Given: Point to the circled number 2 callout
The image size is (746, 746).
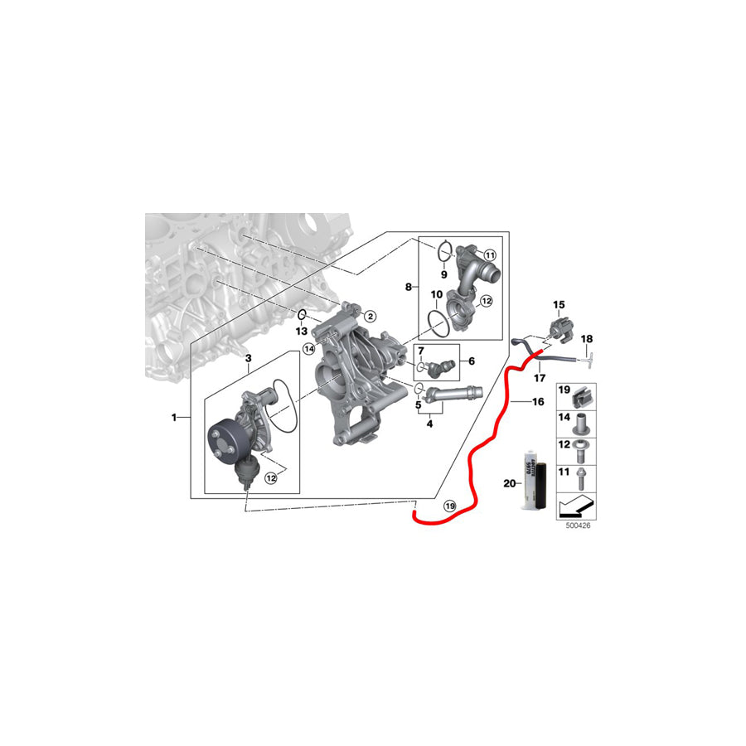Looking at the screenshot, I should tap(370, 316).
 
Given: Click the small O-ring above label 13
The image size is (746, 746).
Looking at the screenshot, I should tap(303, 315).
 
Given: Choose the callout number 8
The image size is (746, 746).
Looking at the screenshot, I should tap(408, 287).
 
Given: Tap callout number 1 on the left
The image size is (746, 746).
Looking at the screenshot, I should tap(174, 418).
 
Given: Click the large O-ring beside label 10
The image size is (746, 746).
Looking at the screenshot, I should tap(437, 321).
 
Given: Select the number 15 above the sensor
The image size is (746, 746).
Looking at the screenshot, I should tap(558, 305).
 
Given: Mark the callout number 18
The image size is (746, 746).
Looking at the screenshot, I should tap(587, 339).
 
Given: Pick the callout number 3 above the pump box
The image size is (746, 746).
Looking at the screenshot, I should tap(248, 357).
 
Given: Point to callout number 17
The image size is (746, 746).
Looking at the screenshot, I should tap(540, 379).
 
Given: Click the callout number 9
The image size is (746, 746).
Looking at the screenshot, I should tap(444, 274).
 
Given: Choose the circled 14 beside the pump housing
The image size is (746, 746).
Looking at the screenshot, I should tap(308, 350).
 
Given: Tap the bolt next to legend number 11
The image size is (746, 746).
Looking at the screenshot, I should tap(584, 477).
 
